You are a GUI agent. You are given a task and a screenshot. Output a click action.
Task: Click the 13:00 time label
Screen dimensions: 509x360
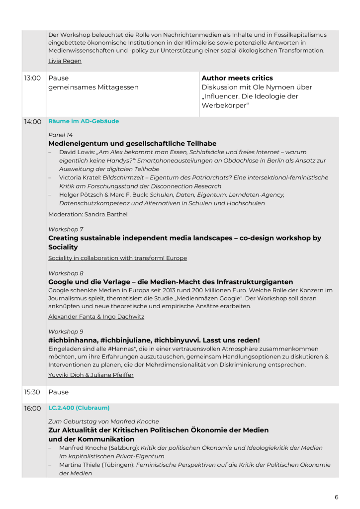pyautogui.click(x=32, y=78)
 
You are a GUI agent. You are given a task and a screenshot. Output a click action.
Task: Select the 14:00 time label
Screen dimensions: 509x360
pyautogui.click(x=32, y=122)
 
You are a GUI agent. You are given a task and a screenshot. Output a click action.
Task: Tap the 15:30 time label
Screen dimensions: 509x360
pyautogui.click(x=32, y=392)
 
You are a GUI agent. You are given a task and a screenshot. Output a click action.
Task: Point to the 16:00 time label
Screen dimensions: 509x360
pyautogui.click(x=32, y=408)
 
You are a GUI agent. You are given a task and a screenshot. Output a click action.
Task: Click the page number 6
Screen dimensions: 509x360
pyautogui.click(x=337, y=497)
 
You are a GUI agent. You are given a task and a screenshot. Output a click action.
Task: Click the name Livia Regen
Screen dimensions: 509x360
pyautogui.click(x=65, y=61)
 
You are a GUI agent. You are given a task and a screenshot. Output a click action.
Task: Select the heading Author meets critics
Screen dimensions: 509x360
pyautogui.click(x=237, y=78)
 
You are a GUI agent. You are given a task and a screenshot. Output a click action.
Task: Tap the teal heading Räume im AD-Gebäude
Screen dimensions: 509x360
pyautogui.click(x=84, y=121)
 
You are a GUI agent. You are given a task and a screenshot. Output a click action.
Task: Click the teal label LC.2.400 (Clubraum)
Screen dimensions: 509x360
pyautogui.click(x=79, y=408)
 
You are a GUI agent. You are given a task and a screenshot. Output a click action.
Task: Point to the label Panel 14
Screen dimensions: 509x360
pyautogui.click(x=60, y=135)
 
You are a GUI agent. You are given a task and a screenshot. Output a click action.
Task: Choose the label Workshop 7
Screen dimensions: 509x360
pyautogui.click(x=66, y=229)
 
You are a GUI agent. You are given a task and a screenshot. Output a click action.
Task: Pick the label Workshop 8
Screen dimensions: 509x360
pyautogui.click(x=66, y=273)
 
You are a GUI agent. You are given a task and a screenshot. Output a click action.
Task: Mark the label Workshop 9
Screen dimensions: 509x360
pyautogui.click(x=66, y=332)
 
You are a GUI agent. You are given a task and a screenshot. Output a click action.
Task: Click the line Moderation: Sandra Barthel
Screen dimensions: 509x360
pyautogui.click(x=88, y=214)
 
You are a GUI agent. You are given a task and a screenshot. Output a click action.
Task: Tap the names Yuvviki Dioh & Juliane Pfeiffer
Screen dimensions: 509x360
pyautogui.click(x=91, y=375)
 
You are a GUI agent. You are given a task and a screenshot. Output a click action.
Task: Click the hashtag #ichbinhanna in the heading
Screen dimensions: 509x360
pyautogui.click(x=72, y=340)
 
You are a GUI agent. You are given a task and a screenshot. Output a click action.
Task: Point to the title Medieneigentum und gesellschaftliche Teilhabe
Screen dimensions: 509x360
pyautogui.click(x=132, y=144)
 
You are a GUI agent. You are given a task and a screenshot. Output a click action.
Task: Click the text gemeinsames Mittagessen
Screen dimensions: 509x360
pyautogui.click(x=93, y=87)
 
